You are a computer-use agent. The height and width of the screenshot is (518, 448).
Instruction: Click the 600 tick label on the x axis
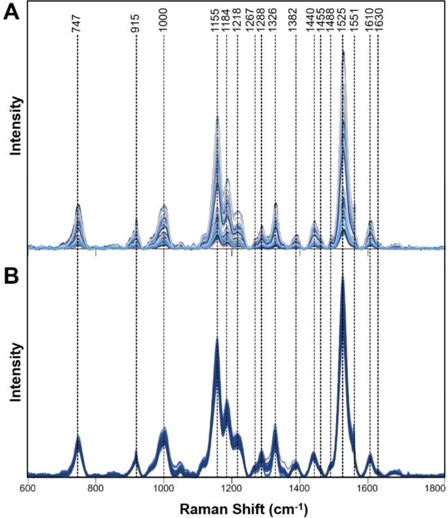[x=27, y=488]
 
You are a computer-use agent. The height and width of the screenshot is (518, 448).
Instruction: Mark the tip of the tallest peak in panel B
[x=343, y=277]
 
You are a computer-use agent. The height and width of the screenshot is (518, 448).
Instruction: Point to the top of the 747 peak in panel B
[x=78, y=436]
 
